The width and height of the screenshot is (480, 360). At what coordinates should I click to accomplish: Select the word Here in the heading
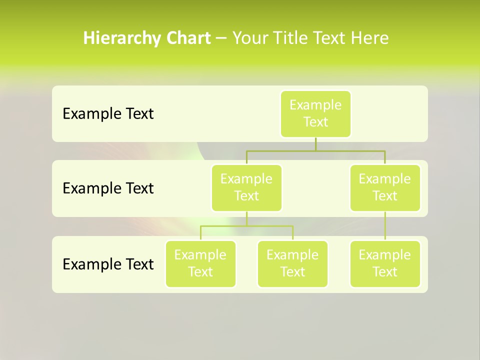tap(369, 38)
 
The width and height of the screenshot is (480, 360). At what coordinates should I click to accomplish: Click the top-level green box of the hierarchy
tap(315, 113)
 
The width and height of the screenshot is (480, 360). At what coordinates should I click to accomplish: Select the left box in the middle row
tap(246, 187)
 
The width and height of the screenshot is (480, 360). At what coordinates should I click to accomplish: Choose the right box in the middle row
tap(385, 187)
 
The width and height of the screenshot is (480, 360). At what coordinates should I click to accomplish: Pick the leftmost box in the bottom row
tap(200, 263)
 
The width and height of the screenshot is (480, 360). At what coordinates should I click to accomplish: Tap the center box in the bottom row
tap(292, 263)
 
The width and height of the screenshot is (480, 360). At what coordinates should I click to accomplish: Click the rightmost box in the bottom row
tap(385, 263)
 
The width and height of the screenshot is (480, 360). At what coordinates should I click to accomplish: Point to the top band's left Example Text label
tap(108, 113)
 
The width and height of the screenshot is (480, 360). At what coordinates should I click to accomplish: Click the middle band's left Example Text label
tap(108, 188)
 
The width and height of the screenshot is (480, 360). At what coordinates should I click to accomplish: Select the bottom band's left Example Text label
tap(108, 263)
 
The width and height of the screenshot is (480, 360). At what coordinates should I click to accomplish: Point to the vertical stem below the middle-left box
tap(246, 218)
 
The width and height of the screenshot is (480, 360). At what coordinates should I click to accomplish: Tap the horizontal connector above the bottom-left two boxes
tap(225, 226)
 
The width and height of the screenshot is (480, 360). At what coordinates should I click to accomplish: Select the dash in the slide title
tap(221, 38)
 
